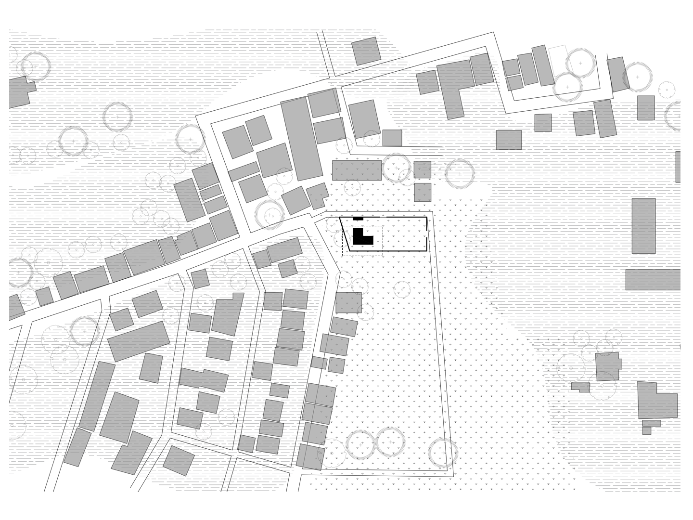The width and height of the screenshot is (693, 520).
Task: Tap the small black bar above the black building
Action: click(x=358, y=219)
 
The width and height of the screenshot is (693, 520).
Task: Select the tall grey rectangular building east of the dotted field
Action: click(x=643, y=226)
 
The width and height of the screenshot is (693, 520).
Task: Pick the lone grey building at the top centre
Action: click(x=366, y=51)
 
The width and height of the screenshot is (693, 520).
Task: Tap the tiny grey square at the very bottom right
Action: click(x=646, y=430)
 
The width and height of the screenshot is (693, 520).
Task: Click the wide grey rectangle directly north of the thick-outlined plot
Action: click(x=356, y=170)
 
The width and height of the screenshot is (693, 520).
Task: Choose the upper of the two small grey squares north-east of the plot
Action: click(x=422, y=169)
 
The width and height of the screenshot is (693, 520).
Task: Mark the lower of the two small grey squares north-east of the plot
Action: click(x=423, y=192)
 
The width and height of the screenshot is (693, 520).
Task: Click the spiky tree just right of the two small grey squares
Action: click(x=459, y=174)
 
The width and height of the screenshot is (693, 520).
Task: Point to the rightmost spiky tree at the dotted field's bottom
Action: click(x=443, y=453)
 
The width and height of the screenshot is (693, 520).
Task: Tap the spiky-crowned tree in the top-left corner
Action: click(x=35, y=66)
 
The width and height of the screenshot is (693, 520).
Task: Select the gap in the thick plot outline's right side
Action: click(x=427, y=234)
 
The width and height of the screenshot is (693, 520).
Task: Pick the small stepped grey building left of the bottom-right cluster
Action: click(x=580, y=387)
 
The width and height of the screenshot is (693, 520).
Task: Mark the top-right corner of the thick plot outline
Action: click(x=426, y=218)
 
